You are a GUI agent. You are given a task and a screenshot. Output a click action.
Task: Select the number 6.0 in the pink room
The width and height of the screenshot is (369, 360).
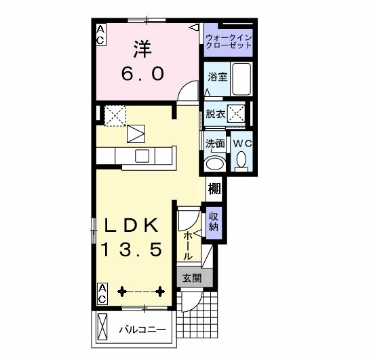click(142, 73)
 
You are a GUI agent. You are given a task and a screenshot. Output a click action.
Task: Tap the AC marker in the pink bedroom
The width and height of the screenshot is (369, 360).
click(100, 35)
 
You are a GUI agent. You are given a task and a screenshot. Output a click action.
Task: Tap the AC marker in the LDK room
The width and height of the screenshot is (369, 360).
click(102, 293)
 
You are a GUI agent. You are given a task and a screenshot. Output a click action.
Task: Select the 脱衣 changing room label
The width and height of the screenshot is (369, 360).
click(215, 114)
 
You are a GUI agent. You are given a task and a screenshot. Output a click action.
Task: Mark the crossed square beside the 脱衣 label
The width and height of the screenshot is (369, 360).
click(236, 114)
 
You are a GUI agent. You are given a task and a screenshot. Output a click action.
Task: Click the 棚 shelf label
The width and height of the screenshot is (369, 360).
click(214, 188)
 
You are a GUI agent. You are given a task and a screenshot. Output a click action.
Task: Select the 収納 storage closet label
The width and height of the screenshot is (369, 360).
click(214, 222)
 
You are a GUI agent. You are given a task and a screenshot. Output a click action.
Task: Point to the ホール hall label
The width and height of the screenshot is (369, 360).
click(188, 245)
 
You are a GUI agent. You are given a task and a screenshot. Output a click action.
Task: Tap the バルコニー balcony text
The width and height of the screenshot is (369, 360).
click(142, 330)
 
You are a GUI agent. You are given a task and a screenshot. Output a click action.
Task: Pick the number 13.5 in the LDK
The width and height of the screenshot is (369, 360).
click(132, 249)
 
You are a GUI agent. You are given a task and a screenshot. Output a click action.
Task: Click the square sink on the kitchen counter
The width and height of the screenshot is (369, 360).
click(142, 155)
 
